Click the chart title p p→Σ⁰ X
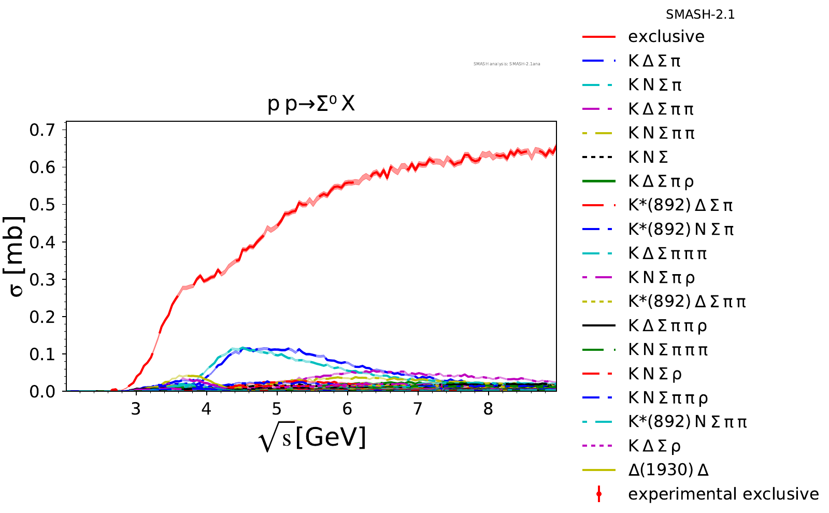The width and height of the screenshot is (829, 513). click(311, 105)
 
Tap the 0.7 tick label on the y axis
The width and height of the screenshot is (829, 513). click(42, 130)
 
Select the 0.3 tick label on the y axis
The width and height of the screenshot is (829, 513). click(42, 279)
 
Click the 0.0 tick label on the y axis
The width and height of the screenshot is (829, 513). click(42, 392)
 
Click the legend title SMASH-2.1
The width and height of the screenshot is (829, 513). click(700, 15)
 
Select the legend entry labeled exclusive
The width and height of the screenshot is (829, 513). click(666, 37)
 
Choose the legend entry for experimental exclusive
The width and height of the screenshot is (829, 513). click(723, 494)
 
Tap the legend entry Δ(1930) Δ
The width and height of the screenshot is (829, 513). click(668, 470)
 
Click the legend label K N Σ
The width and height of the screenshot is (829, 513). click(648, 157)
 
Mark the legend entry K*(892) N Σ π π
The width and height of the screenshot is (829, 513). click(688, 422)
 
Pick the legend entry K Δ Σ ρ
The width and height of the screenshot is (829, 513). click(654, 446)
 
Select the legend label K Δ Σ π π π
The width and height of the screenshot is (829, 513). click(667, 253)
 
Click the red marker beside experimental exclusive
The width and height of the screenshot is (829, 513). click(599, 494)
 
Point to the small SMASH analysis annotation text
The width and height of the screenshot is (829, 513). click(506, 64)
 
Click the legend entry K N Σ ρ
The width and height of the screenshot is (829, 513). click(655, 374)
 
